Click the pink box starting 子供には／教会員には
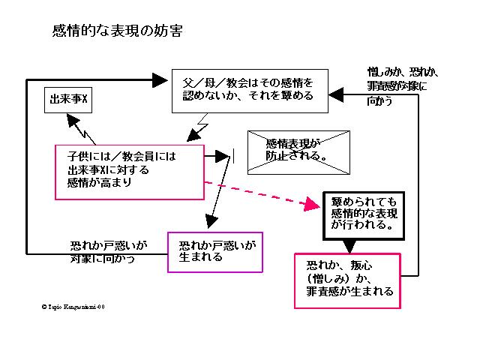pyautogui.click(x=130, y=171)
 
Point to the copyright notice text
pyautogui.click(x=74, y=307)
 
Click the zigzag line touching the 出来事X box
pyautogui.click(x=83, y=133)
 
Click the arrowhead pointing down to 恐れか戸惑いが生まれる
pyautogui.click(x=210, y=222)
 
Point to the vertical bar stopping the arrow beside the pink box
pyautogui.click(x=233, y=157)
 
